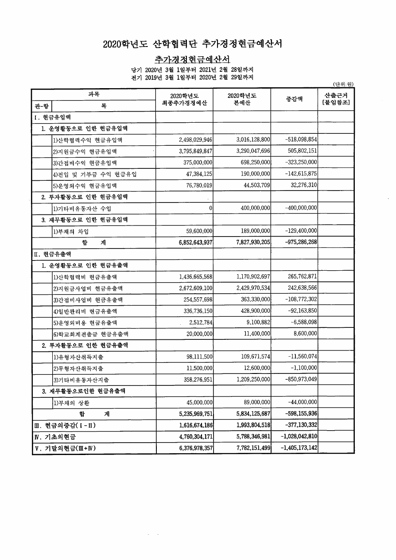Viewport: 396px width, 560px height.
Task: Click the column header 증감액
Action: [x=294, y=99]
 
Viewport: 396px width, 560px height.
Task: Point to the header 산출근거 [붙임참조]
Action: [x=336, y=99]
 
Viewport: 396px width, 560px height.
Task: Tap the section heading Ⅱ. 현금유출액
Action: [x=52, y=254]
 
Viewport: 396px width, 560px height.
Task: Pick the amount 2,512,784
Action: [x=201, y=323]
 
